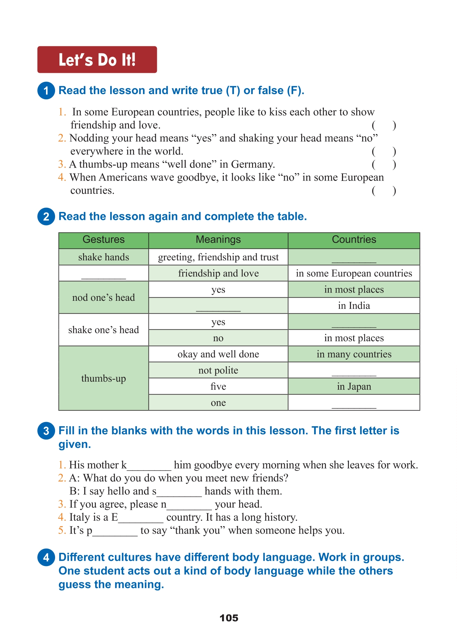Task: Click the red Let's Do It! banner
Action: [97, 60]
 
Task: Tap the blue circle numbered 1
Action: [46, 91]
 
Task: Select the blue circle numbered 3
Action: [46, 431]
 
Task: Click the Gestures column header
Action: [104, 240]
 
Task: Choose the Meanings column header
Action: [218, 240]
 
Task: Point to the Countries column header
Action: [354, 240]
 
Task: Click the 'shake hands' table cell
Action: [104, 257]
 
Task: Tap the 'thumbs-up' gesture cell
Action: [104, 379]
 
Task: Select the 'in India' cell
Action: [354, 306]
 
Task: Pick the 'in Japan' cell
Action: [354, 387]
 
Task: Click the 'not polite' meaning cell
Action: [218, 370]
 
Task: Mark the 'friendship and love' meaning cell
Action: [218, 273]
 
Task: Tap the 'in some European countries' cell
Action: [354, 273]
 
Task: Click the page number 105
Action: [229, 618]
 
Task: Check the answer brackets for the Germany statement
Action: [384, 165]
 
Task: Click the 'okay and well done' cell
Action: [218, 354]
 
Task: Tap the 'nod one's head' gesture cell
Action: [104, 298]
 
